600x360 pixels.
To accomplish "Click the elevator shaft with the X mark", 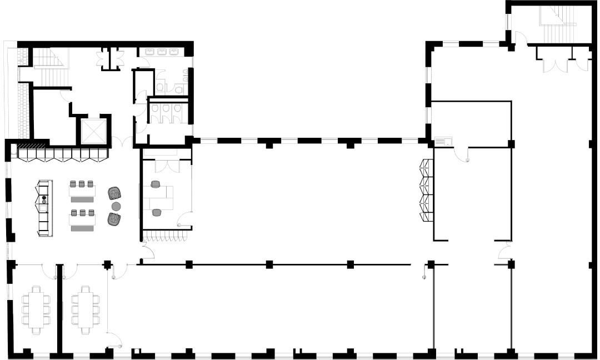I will tap(93, 131).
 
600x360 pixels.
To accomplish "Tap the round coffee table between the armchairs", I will tap(116, 206).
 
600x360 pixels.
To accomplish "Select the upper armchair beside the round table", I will tap(114, 193).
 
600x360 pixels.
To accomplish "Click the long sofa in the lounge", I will tap(44, 207).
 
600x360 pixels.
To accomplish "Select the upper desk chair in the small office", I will tap(155, 184).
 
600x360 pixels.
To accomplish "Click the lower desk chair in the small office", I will tap(157, 212).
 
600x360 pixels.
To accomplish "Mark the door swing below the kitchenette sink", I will tap(462, 155).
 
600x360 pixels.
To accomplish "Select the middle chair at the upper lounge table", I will tap(82, 184).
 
